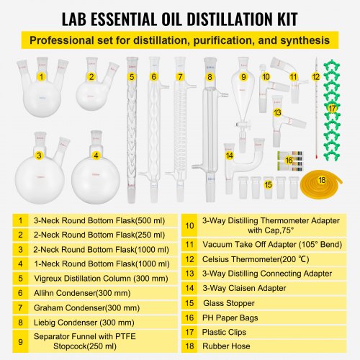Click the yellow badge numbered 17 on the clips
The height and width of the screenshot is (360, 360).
[332, 107]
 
